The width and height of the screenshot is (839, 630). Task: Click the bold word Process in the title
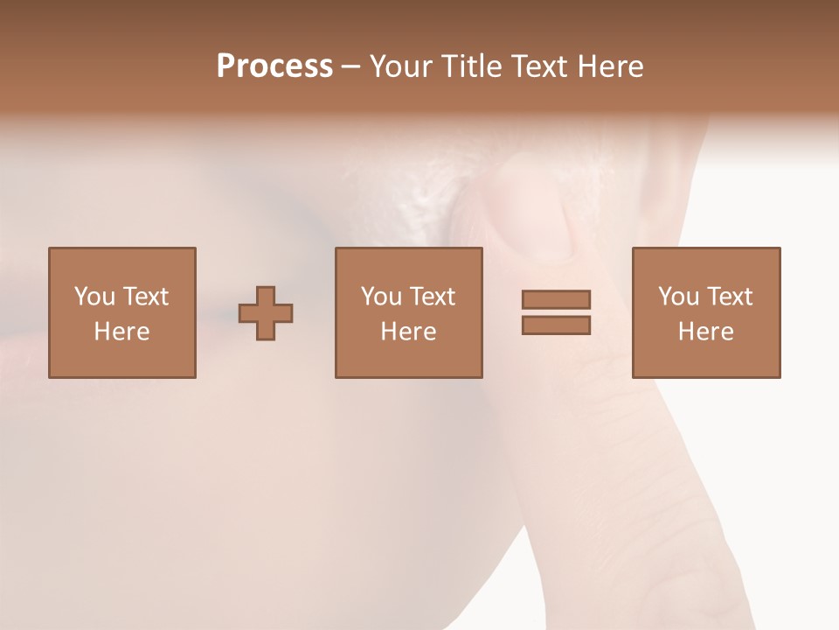(274, 66)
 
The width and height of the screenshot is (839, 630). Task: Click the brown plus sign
(266, 313)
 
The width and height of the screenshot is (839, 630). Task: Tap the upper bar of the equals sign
(556, 299)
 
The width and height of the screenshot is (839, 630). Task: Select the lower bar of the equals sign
(556, 325)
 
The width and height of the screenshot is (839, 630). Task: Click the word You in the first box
(94, 297)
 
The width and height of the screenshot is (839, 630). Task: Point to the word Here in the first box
(121, 332)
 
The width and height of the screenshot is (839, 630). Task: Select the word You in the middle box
(381, 297)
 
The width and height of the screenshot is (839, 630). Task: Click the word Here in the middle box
(408, 332)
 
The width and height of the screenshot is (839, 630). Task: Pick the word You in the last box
(678, 297)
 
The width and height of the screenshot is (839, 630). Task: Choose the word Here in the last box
(705, 332)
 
